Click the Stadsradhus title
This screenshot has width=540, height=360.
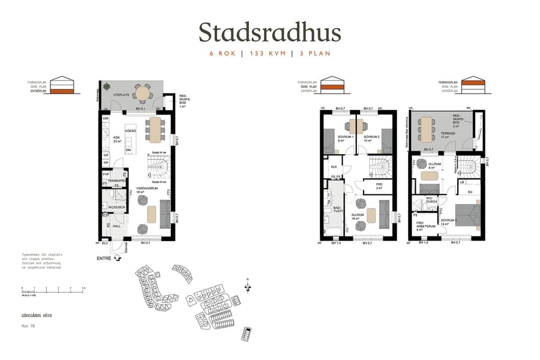[269, 32]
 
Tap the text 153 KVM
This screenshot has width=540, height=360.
[266, 53]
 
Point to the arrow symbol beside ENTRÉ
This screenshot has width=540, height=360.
[118, 258]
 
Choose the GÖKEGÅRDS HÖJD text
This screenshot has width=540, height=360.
[37, 314]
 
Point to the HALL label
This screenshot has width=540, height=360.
[118, 226]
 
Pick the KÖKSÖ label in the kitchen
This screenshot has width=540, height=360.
[130, 130]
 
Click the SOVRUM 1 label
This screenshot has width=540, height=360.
[345, 137]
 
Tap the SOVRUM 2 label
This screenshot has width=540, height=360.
[371, 137]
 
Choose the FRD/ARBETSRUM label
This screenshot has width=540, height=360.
[426, 226]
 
